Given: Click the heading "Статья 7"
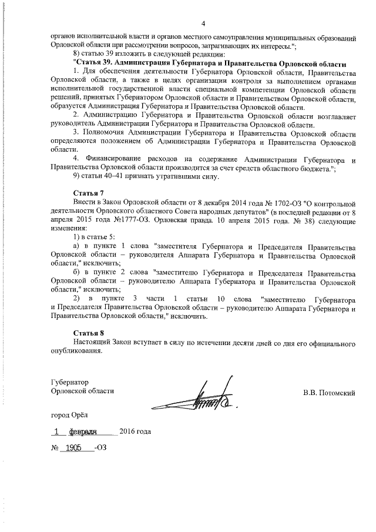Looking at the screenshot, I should pyautogui.click(x=89, y=193).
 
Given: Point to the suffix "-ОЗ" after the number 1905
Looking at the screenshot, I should pyautogui.click(x=101, y=447).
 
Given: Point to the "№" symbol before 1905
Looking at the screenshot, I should pyautogui.click(x=55, y=447).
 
